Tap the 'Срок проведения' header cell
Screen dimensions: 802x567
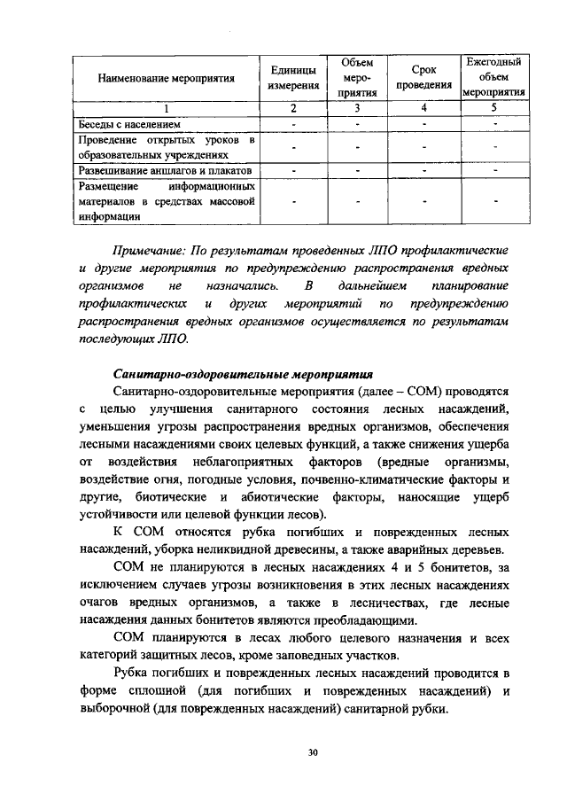pyautogui.click(x=424, y=78)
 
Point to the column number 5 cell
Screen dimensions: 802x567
pyautogui.click(x=493, y=108)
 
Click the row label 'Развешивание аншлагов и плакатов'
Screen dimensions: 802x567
pyautogui.click(x=164, y=168)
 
